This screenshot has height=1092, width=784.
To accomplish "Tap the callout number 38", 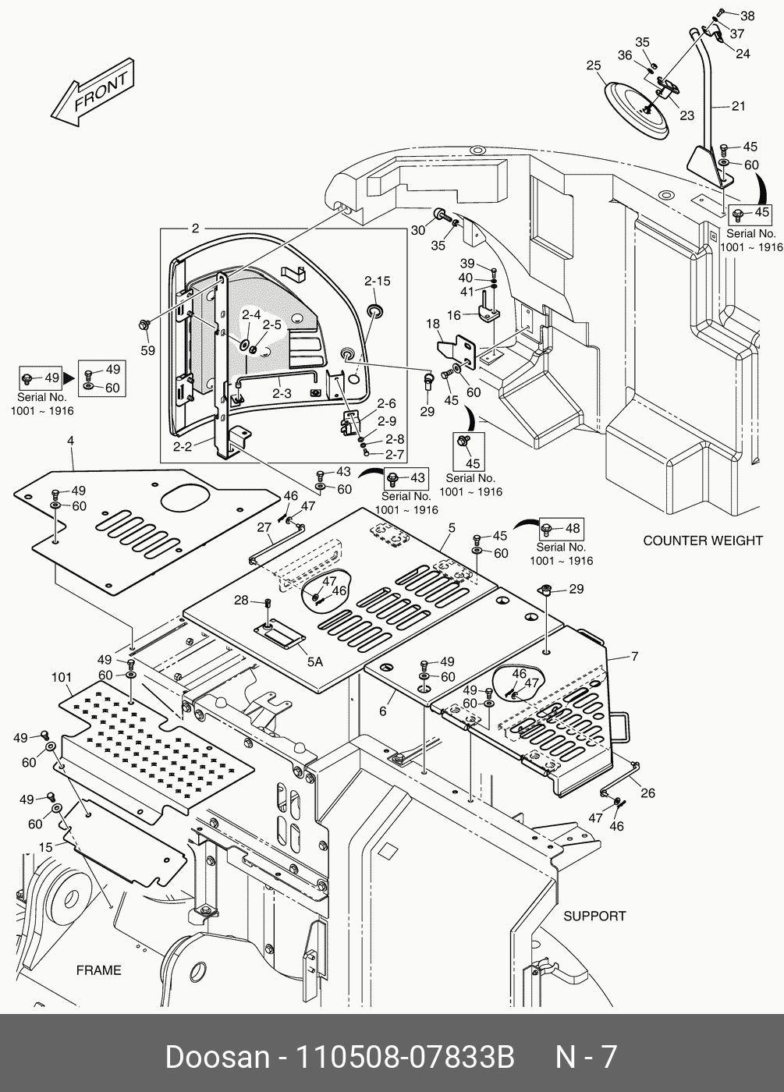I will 747,16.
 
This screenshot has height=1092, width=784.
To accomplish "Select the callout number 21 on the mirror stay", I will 738,106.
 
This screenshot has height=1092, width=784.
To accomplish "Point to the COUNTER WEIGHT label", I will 702,541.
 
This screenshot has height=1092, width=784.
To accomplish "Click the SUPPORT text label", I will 594,916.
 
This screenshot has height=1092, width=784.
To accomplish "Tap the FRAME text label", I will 98,970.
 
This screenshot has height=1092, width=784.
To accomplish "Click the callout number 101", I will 62,677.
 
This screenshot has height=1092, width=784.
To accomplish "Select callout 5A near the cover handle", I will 314,661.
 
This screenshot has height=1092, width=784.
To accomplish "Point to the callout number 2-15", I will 377,282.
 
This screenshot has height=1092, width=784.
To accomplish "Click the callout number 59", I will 147,351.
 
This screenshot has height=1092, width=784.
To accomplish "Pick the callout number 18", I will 432,324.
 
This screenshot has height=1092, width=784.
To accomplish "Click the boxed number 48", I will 573,529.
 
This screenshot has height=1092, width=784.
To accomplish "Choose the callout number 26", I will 647,793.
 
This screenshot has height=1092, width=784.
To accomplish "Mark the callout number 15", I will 46,847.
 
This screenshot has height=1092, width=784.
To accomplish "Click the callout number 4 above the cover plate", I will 70,441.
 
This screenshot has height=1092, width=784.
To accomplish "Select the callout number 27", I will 264,527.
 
